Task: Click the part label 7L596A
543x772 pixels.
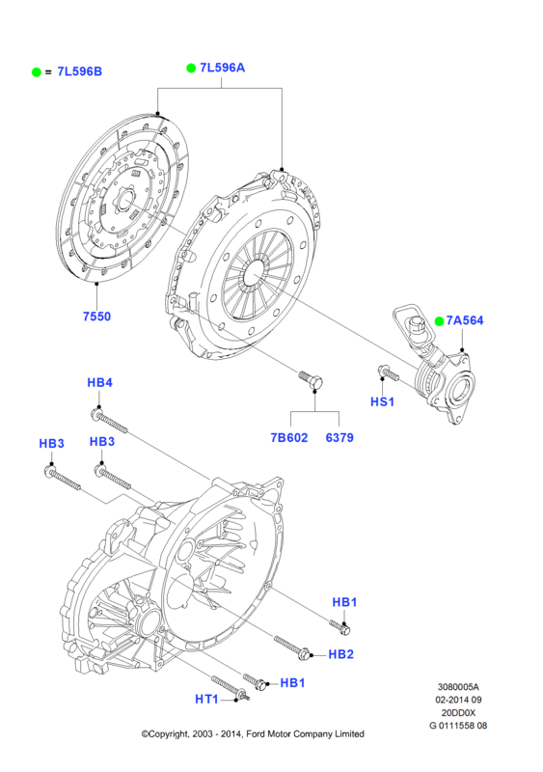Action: click(222, 68)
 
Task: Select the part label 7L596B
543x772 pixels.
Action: click(80, 71)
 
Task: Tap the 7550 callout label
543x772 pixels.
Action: click(97, 317)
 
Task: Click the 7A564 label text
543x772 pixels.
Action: click(465, 320)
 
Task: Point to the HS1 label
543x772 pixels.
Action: click(383, 401)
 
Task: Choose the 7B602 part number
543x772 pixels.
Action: click(289, 437)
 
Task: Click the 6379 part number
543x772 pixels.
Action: click(339, 437)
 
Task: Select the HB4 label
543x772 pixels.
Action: click(100, 382)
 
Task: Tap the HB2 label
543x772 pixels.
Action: click(341, 654)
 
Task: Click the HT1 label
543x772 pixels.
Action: click(206, 699)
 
